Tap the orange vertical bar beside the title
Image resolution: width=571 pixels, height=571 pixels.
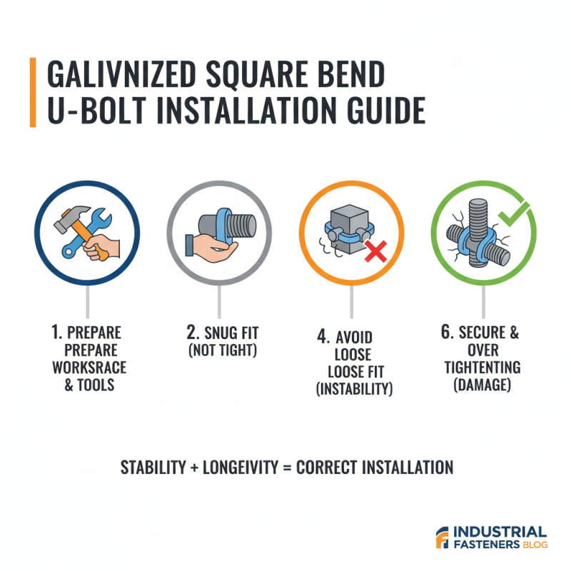click(x=33, y=93)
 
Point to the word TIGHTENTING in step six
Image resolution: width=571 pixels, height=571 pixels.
click(x=483, y=368)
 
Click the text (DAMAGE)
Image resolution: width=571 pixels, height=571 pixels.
click(x=483, y=385)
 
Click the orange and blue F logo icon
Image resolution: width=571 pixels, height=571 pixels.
click(x=442, y=539)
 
